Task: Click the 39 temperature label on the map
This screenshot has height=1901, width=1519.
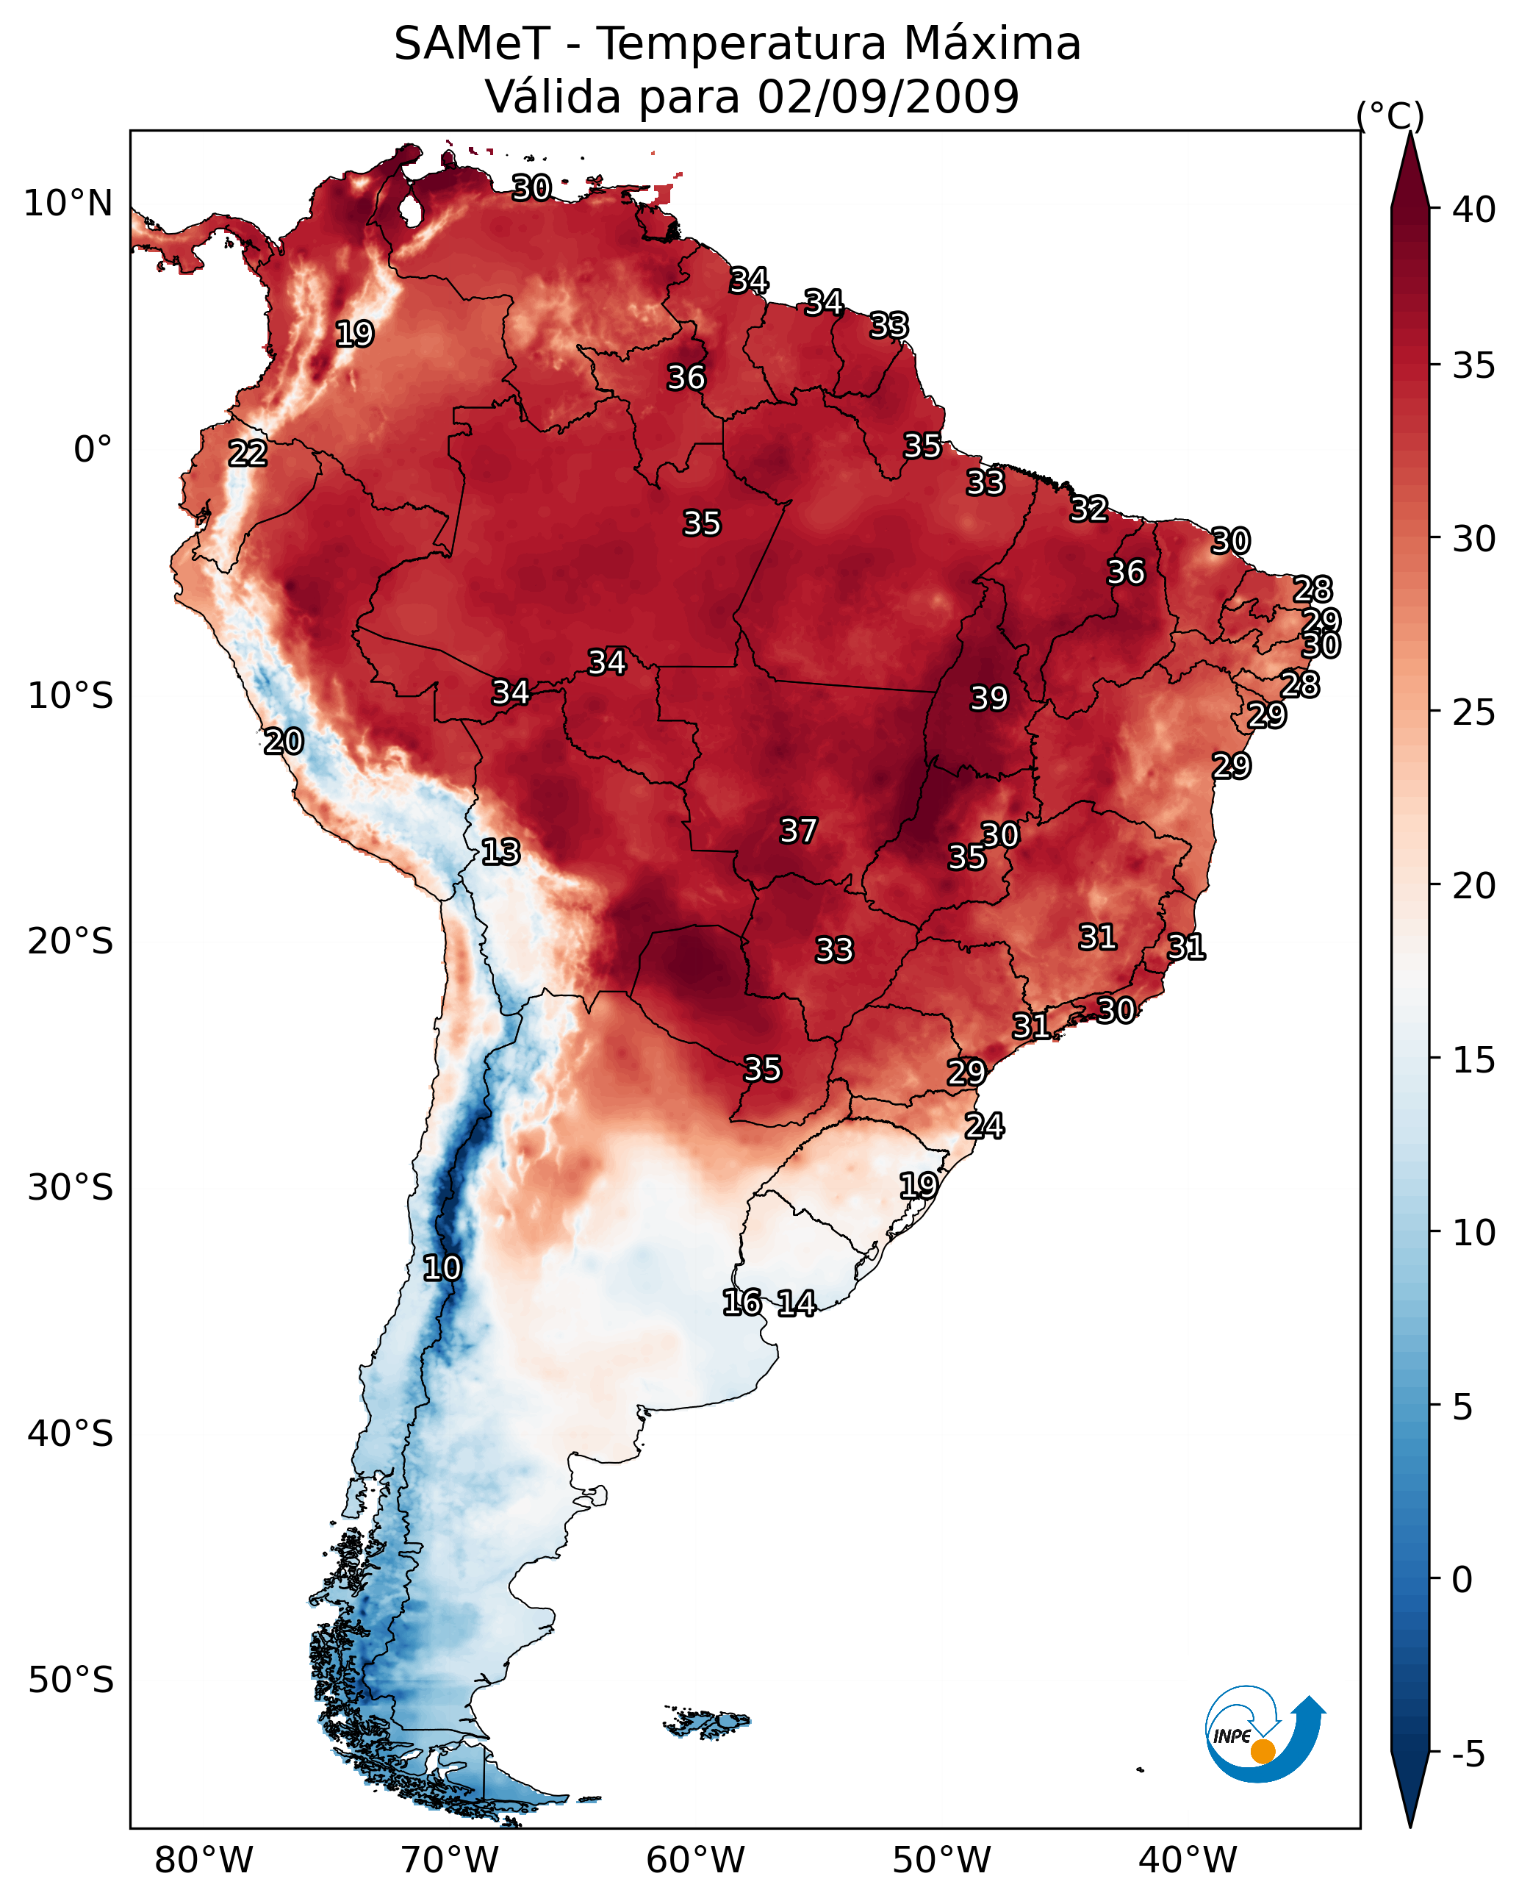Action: pos(988,698)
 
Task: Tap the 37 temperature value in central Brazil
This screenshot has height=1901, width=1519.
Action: pos(799,831)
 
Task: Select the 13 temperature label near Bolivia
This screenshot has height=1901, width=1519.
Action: pos(500,852)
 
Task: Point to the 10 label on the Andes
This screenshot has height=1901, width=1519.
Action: pos(442,1268)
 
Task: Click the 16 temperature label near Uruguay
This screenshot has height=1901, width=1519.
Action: pos(742,1303)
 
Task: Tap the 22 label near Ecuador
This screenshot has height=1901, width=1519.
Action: pos(248,454)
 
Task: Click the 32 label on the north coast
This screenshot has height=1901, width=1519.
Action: pos(1089,509)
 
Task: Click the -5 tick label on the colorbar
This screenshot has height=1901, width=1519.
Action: pos(1468,1755)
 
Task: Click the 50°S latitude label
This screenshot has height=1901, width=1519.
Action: pos(71,1680)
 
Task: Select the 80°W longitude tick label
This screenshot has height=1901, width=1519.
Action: pos(204,1861)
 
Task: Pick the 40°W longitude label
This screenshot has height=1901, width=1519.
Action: pos(1188,1861)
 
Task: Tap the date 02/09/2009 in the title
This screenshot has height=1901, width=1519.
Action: pos(888,97)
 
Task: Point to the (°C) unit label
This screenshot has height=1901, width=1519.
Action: pos(1390,115)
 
